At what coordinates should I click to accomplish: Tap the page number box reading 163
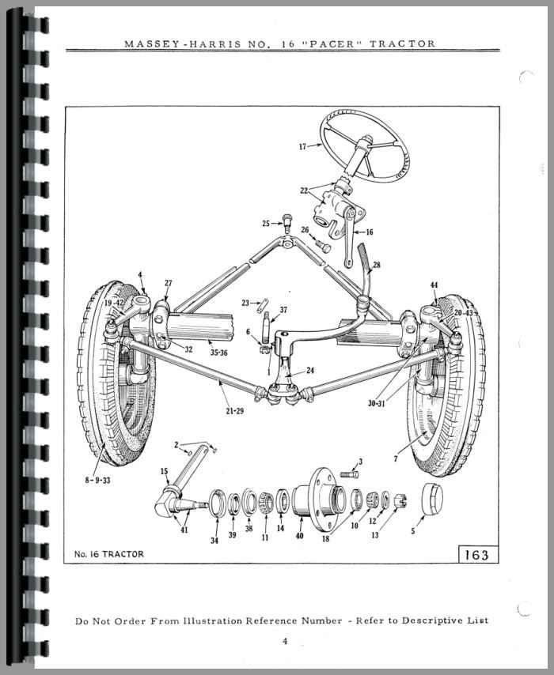tap(478, 555)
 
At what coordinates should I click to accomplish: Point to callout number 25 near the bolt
tap(266, 224)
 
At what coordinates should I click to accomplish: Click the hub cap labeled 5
tap(431, 499)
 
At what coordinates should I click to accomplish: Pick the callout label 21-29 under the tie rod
tap(234, 411)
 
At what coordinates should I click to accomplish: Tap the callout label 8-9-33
tap(97, 481)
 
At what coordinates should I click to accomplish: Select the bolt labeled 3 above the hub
tap(349, 474)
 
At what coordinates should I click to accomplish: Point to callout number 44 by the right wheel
tap(434, 285)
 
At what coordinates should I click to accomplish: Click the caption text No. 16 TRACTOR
tap(108, 554)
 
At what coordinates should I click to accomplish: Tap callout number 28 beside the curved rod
tap(377, 265)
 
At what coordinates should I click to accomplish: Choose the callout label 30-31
tap(377, 404)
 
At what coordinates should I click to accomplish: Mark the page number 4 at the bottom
tap(285, 641)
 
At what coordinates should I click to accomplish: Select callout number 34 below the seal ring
tap(214, 541)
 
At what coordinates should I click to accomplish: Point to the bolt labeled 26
tap(324, 247)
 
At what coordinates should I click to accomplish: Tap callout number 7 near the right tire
tap(396, 459)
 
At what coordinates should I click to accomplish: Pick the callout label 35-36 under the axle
tap(218, 353)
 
